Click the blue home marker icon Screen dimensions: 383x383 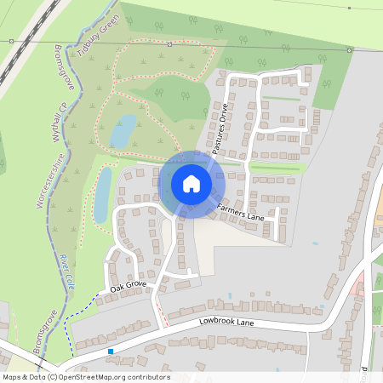pyautogui.click(x=191, y=183)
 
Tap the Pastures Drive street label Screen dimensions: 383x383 pyautogui.click(x=220, y=129)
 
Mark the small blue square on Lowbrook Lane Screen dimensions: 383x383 pyautogui.click(x=110, y=351)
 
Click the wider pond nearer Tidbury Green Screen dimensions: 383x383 pyautogui.click(x=122, y=131)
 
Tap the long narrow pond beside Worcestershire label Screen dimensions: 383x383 pyautogui.click(x=102, y=195)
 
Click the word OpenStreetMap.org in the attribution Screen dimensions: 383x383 pyautogui.click(x=92, y=377)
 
